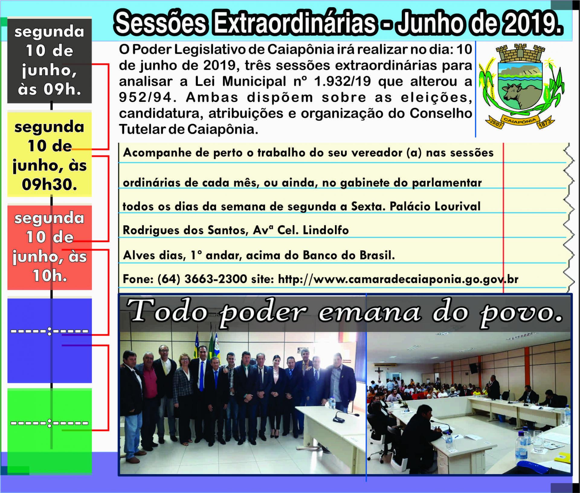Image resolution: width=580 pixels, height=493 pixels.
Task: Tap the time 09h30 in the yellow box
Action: click(49, 184)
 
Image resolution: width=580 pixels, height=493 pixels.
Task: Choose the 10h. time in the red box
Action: click(50, 276)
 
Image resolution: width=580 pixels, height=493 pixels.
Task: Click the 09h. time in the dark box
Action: click(62, 90)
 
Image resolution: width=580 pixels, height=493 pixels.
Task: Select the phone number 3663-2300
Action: click(216, 279)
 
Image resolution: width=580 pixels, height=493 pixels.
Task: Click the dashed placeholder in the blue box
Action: click(50, 331)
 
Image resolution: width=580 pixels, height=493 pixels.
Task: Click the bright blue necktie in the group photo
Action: click(201, 376)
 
